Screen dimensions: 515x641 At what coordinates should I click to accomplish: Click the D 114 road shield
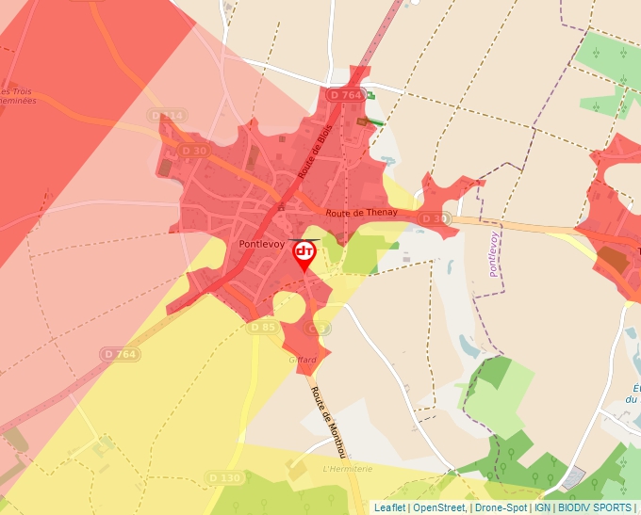pos(168,116)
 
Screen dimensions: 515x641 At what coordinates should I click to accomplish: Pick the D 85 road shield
pos(263,328)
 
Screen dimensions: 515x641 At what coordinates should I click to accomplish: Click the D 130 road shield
pos(225,478)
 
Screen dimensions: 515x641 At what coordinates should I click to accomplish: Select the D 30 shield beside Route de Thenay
pos(433,219)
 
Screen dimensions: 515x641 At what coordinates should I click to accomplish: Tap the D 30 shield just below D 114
pos(194,151)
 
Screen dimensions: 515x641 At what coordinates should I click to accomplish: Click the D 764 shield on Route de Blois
pos(346,95)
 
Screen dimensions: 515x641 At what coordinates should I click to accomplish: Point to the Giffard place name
pos(302,360)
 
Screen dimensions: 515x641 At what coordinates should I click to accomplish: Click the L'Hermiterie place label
pos(348,469)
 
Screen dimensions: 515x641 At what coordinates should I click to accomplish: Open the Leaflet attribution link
pos(390,507)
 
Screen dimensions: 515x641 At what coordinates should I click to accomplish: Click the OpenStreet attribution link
pos(439,507)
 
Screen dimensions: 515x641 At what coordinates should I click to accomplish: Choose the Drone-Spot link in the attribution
pos(501,507)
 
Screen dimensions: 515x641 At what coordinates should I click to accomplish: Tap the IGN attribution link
pos(543,507)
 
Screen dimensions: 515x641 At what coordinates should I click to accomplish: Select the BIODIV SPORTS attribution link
pos(594,507)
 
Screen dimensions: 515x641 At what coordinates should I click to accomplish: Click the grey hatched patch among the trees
pos(571,478)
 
